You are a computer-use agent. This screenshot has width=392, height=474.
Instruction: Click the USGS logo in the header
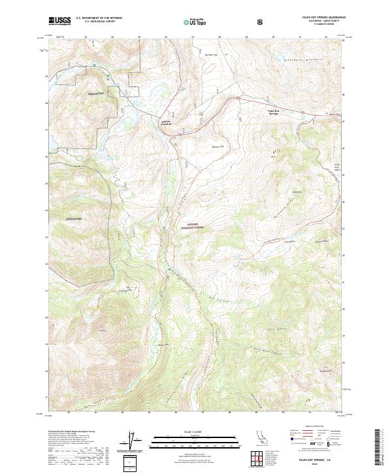pyautogui.click(x=59, y=21)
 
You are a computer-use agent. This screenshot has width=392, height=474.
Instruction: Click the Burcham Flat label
pyautogui.click(x=210, y=54)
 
